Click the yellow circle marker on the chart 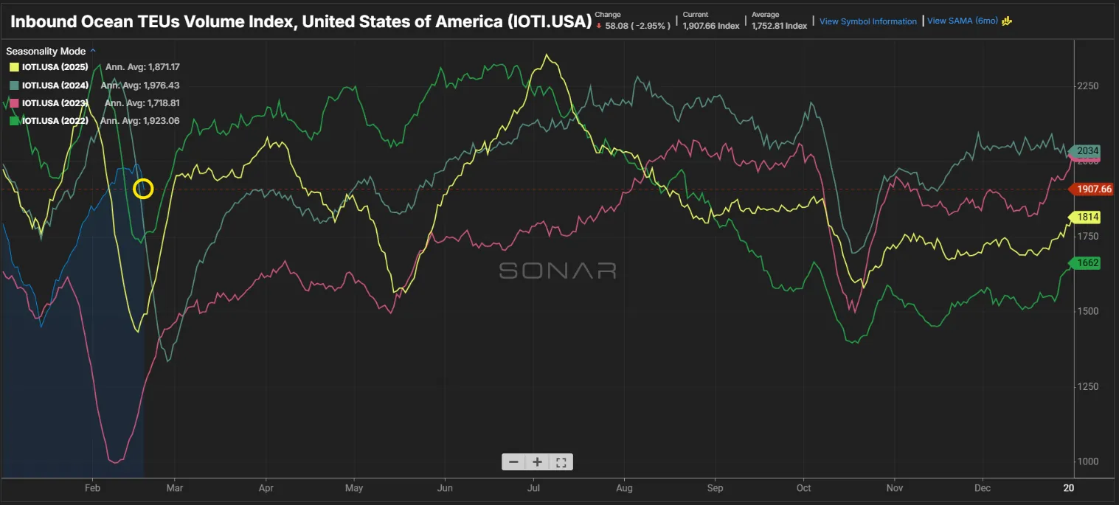(x=143, y=189)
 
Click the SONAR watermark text (x=558, y=271)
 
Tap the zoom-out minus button (x=513, y=462)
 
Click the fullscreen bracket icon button (x=561, y=462)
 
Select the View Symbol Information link (x=867, y=21)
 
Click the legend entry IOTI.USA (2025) (x=55, y=67)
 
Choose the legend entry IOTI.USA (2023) (x=55, y=102)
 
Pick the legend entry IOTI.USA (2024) (x=55, y=85)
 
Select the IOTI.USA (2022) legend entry (x=55, y=120)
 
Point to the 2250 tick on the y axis (x=1088, y=86)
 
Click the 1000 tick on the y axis (x=1088, y=462)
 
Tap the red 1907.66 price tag (x=1094, y=189)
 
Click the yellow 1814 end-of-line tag (x=1088, y=217)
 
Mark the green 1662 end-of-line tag (x=1088, y=262)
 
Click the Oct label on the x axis (x=803, y=488)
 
